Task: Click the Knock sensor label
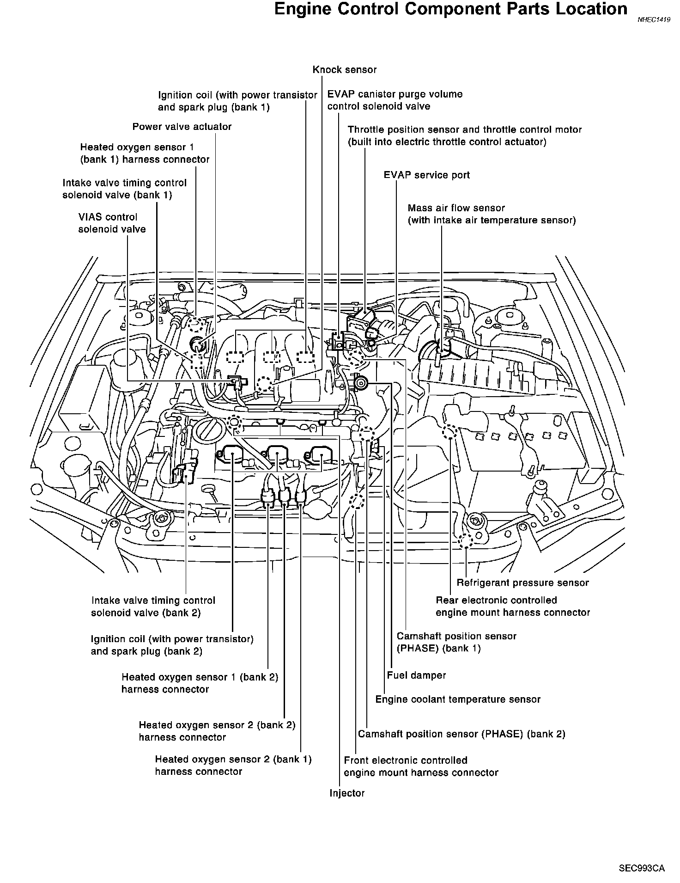[x=344, y=70]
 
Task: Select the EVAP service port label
[x=426, y=175]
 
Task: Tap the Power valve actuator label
[x=182, y=127]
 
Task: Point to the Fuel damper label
[x=416, y=675]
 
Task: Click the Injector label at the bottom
[x=347, y=793]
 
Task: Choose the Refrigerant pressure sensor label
[x=522, y=583]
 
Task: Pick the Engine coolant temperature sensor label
[x=457, y=699]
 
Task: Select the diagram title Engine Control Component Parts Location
[x=450, y=9]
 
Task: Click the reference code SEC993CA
[x=642, y=868]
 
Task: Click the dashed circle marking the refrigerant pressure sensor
[x=466, y=541]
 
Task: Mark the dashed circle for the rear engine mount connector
[x=449, y=432]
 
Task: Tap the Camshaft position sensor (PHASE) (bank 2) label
[x=461, y=734]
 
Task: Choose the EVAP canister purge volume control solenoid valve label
[x=395, y=100]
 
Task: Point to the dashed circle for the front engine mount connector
[x=357, y=501]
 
